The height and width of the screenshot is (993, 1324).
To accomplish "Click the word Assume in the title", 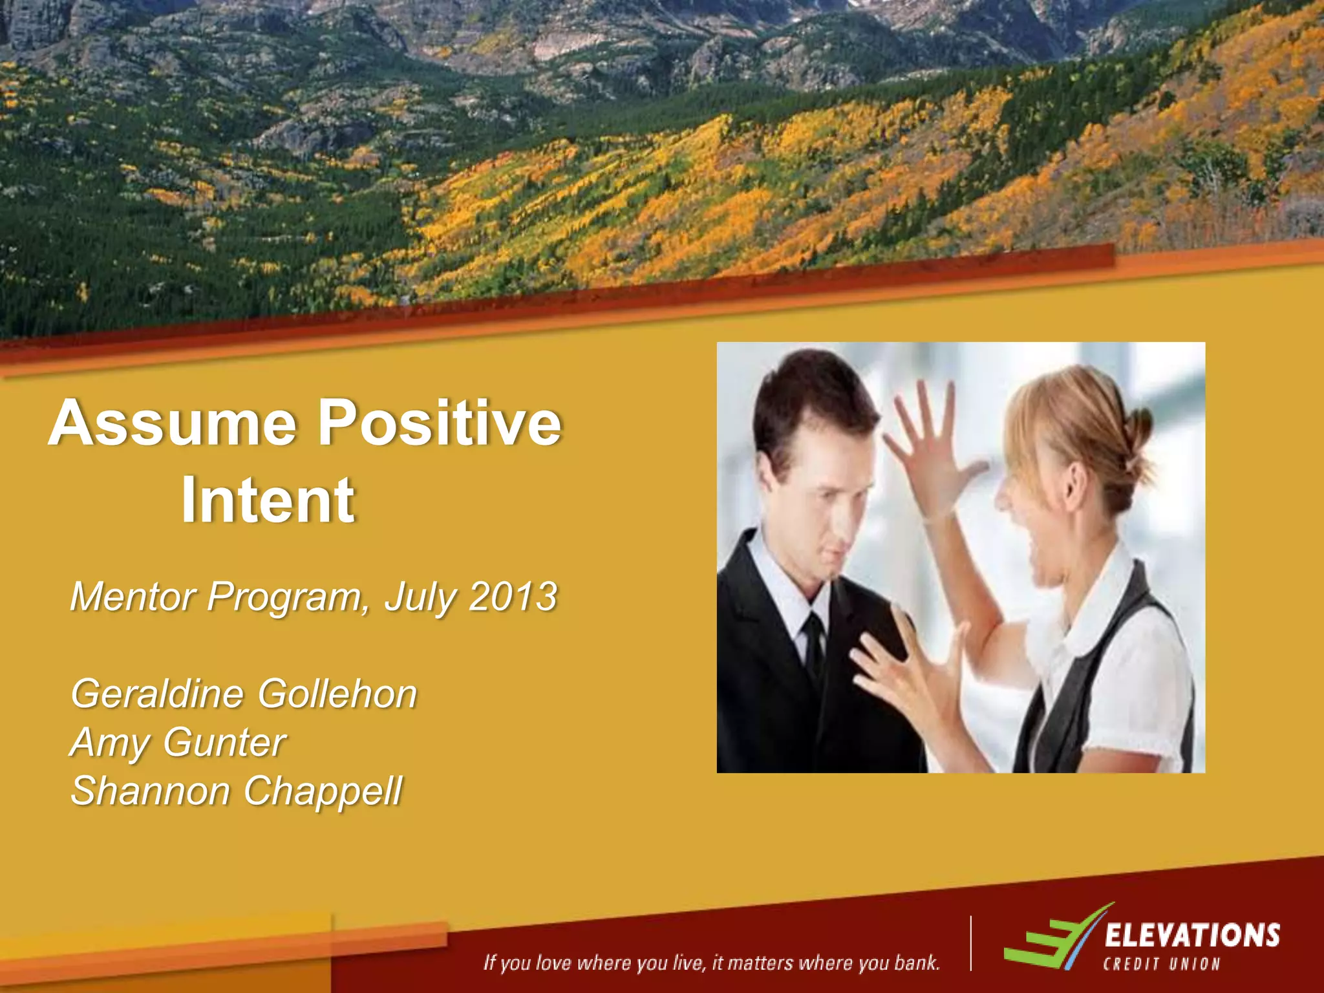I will click(173, 423).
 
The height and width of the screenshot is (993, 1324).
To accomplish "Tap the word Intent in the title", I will click(268, 500).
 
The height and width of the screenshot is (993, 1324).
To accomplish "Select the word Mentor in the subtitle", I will click(133, 596).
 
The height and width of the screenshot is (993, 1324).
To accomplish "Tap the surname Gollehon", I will click(337, 694).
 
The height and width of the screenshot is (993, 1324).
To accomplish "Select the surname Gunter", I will click(224, 742).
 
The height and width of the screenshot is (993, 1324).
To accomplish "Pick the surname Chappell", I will click(323, 791).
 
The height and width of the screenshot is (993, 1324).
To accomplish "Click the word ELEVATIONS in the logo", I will click(1191, 935).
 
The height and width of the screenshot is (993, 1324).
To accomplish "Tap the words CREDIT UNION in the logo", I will click(1161, 965).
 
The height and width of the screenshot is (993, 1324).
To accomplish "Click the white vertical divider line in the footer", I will click(970, 943).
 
